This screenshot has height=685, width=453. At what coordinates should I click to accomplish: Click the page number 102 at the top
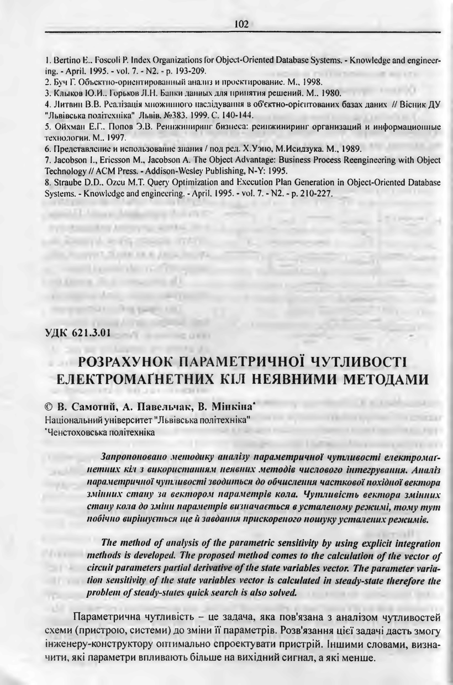[241, 24]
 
